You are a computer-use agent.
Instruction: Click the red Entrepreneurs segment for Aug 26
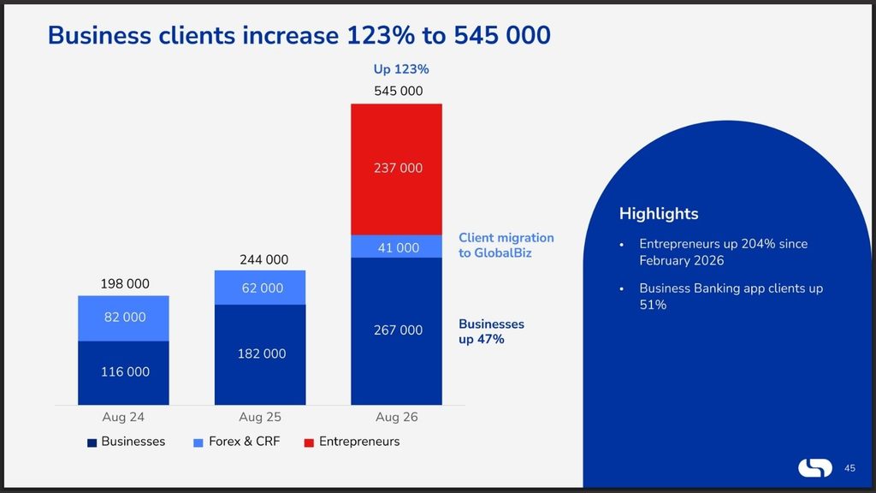tap(397, 169)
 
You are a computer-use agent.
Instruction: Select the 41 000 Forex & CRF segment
tap(397, 246)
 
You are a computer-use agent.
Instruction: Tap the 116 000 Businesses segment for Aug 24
tap(123, 373)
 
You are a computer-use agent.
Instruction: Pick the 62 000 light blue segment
tap(260, 288)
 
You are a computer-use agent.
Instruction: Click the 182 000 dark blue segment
tap(260, 355)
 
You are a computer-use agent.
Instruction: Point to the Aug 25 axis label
tap(260, 417)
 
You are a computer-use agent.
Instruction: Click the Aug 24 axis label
tap(123, 417)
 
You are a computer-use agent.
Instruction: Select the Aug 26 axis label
tap(397, 417)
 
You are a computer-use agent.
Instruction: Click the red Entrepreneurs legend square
tap(309, 443)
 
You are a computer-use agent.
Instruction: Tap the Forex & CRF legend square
tap(198, 443)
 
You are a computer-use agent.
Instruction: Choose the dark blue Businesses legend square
tap(92, 443)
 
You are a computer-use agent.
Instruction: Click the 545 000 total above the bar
tap(399, 91)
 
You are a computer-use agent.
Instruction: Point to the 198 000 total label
tap(125, 284)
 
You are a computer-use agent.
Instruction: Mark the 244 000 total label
tap(264, 260)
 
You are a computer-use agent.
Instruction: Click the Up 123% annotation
tap(401, 69)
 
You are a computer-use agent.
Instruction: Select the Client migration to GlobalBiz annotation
tap(506, 246)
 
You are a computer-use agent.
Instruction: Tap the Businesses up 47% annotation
tap(492, 331)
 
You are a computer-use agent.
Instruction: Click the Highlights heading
tap(659, 213)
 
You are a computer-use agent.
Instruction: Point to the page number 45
tap(849, 468)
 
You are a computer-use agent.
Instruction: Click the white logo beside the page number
tap(815, 468)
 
